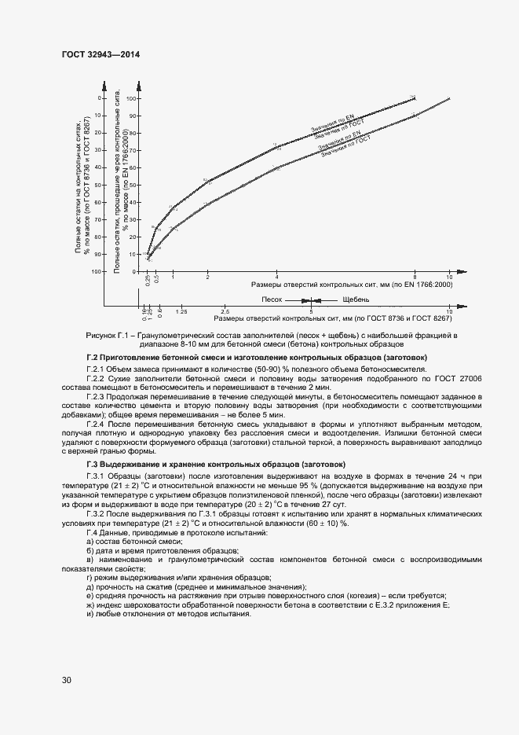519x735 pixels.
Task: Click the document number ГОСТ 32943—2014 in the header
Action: [100, 55]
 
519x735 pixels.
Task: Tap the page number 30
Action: [67, 678]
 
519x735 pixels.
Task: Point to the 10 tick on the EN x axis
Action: [449, 278]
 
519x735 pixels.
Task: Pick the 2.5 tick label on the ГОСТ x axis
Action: [225, 312]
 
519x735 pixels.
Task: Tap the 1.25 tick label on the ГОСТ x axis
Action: [181, 312]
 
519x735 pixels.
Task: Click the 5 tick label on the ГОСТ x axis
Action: [312, 312]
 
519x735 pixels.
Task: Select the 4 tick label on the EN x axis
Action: [277, 278]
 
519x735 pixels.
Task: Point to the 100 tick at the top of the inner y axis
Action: [131, 98]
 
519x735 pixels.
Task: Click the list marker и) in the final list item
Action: [90, 613]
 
